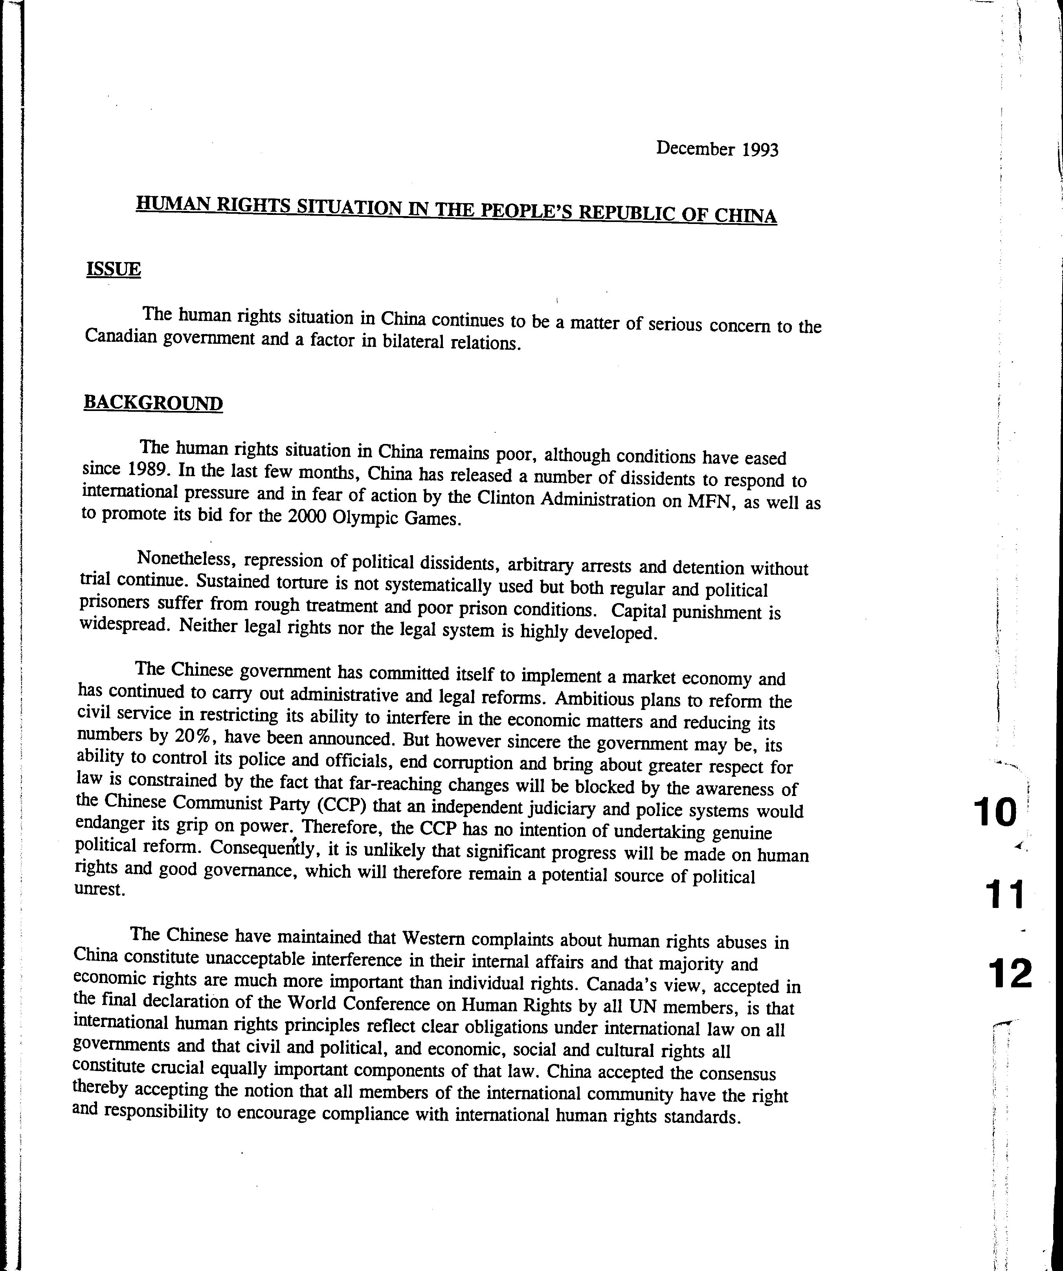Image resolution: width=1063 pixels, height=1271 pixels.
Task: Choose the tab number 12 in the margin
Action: click(x=1009, y=974)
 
